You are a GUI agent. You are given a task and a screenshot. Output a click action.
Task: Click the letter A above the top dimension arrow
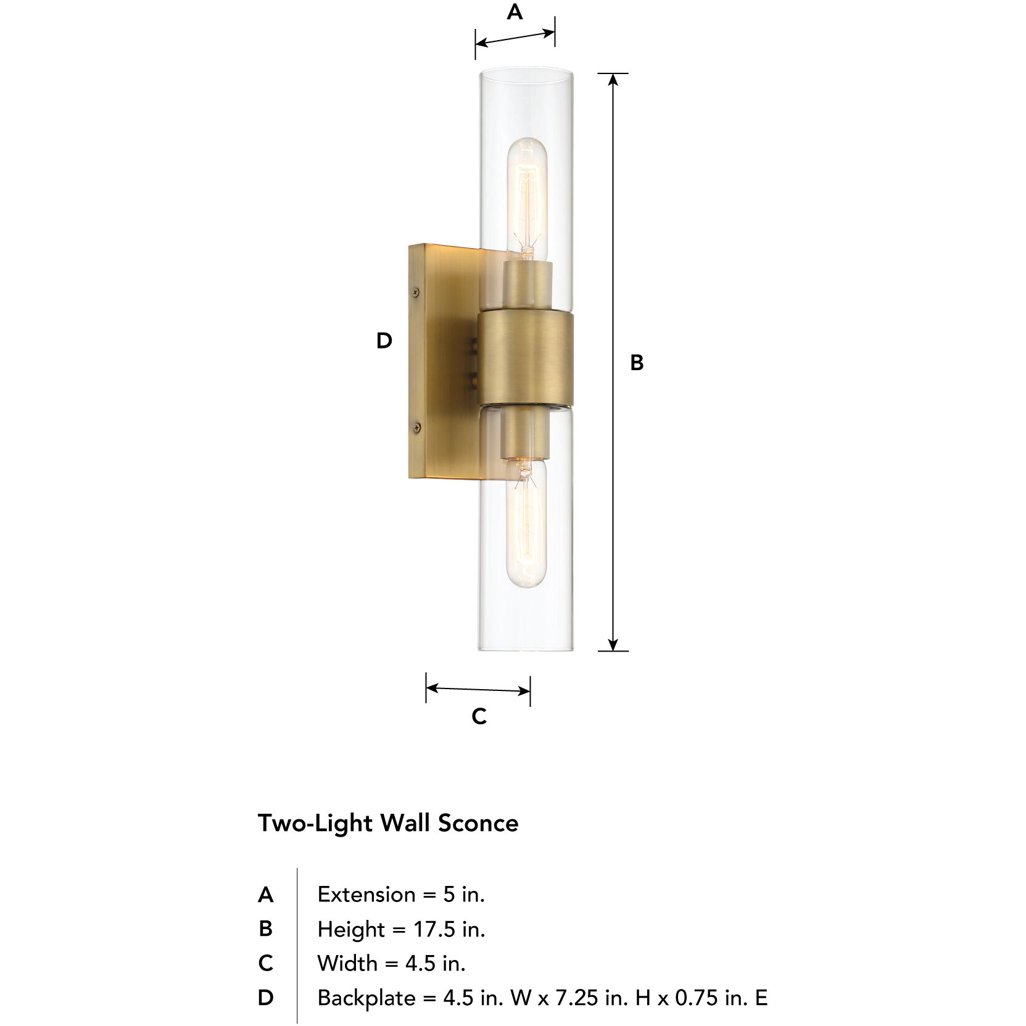[x=515, y=12]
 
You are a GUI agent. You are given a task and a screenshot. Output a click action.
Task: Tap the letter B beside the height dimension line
[x=637, y=363]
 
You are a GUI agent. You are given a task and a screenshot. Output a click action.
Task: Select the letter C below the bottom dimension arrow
[x=479, y=716]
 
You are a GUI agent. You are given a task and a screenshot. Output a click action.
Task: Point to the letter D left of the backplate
[x=384, y=341]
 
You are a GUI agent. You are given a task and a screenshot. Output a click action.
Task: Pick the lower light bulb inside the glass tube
[x=526, y=524]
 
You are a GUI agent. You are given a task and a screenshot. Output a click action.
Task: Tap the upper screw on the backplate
[x=416, y=292]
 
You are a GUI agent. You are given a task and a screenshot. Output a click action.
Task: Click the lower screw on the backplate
[x=416, y=426]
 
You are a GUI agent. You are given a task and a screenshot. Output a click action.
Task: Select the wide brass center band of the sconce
[x=526, y=358]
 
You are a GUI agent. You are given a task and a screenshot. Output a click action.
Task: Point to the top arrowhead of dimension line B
[x=613, y=80]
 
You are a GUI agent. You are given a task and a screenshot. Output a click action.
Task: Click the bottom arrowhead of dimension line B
[x=613, y=644]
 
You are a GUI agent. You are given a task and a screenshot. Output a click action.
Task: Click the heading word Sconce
[x=478, y=823]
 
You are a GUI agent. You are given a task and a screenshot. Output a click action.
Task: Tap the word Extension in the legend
[x=366, y=895]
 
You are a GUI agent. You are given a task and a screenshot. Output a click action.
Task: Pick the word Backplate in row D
[x=366, y=998]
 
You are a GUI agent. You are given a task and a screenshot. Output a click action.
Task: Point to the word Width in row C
[x=347, y=963]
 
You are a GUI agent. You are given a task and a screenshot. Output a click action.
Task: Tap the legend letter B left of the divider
[x=265, y=929]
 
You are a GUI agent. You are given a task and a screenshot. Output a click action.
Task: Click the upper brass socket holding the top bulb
[x=526, y=284]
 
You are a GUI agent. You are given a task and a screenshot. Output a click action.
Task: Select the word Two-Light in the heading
[x=315, y=824]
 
